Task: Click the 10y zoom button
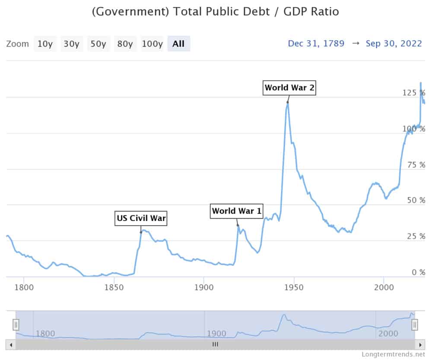point(44,44)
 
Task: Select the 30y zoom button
point(71,44)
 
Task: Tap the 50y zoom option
point(98,44)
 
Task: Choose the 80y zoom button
point(125,44)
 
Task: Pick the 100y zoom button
point(152,44)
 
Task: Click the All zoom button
point(178,44)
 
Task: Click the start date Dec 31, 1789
point(316,44)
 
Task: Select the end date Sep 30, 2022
point(394,44)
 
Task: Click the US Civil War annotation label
point(141,218)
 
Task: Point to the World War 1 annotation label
point(237,211)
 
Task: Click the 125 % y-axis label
point(413,93)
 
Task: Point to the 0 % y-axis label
point(416,272)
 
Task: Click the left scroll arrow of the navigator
point(11,344)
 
